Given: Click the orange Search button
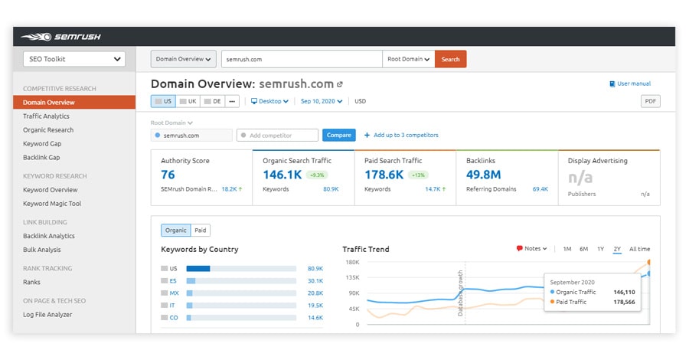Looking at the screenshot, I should click(450, 59).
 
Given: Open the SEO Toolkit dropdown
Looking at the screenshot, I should click(69, 59).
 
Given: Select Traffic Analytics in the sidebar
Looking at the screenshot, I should click(46, 116).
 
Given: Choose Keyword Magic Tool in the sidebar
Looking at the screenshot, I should click(52, 204).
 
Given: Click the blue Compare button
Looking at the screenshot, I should click(338, 135).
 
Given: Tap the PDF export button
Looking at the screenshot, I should click(650, 101).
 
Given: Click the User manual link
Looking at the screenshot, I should click(633, 83).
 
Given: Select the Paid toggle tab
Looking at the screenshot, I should click(200, 230).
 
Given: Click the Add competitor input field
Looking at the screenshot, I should click(277, 135).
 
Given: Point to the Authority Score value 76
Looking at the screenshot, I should click(168, 175).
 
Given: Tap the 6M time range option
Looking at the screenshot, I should click(583, 249).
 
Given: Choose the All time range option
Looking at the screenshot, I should click(639, 249).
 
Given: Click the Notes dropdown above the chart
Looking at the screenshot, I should click(532, 249).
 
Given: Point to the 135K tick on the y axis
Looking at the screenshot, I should click(352, 277).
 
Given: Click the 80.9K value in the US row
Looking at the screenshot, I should click(315, 269).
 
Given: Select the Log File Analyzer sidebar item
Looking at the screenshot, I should click(47, 315).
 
